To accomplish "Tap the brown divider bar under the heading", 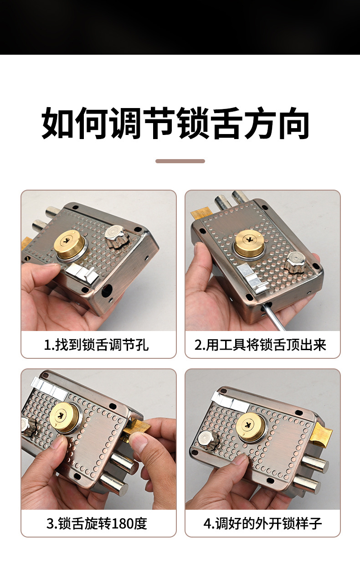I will pyautogui.click(x=180, y=161).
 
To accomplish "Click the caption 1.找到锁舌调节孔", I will pyautogui.click(x=96, y=345).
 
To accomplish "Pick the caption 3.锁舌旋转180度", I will pyautogui.click(x=97, y=523).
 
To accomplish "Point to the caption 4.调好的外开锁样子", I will pyautogui.click(x=262, y=523).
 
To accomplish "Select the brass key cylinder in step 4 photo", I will pyautogui.click(x=250, y=427).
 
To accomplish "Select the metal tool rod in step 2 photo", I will pyautogui.click(x=278, y=317).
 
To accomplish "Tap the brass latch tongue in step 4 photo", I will pyautogui.click(x=323, y=435).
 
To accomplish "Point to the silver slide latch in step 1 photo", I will pyautogui.click(x=82, y=274).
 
